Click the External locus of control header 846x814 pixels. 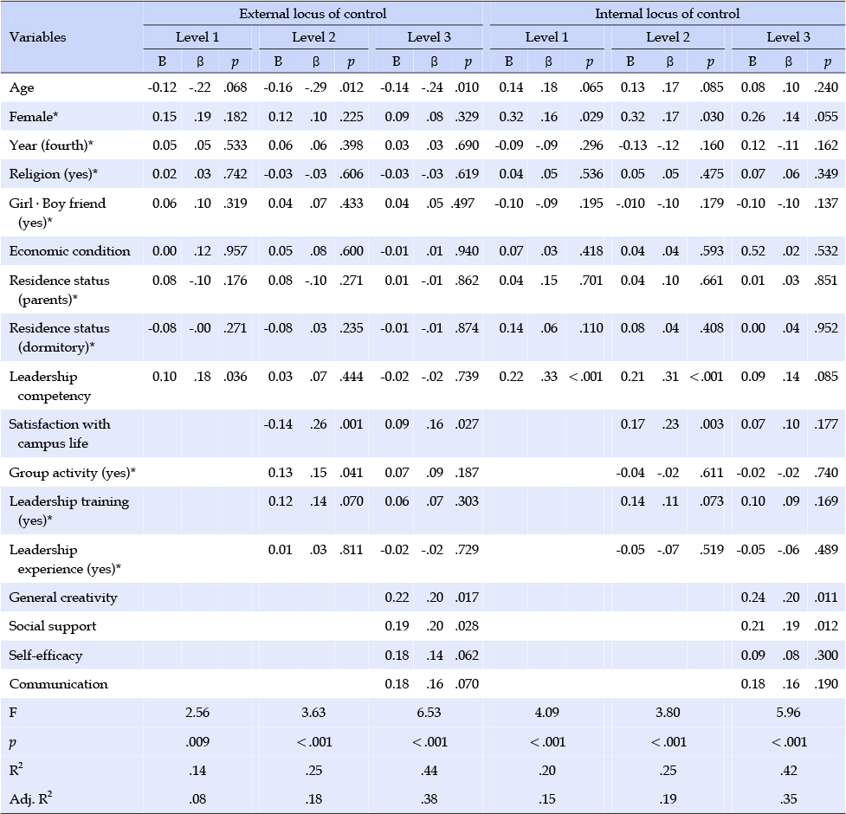(x=313, y=14)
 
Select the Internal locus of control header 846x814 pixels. (x=668, y=14)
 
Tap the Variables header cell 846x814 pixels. (x=38, y=37)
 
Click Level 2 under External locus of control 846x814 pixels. (x=313, y=37)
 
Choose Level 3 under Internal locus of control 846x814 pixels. (x=788, y=37)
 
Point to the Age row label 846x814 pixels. (x=22, y=88)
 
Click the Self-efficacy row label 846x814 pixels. (x=46, y=656)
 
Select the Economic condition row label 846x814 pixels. (x=69, y=251)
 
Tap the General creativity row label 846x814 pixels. (x=63, y=598)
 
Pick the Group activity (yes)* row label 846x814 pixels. (x=72, y=473)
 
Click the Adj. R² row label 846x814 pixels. (x=31, y=798)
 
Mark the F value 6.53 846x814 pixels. (x=429, y=713)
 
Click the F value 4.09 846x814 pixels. (x=547, y=713)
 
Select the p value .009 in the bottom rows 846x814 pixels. (x=197, y=742)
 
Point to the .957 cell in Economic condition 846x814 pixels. (x=236, y=251)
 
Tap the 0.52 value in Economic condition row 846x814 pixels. (x=752, y=251)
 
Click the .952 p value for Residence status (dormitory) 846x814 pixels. (x=827, y=328)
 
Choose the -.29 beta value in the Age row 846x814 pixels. (x=316, y=87)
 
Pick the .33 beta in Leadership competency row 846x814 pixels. (x=549, y=377)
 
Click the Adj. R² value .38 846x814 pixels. (x=429, y=799)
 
